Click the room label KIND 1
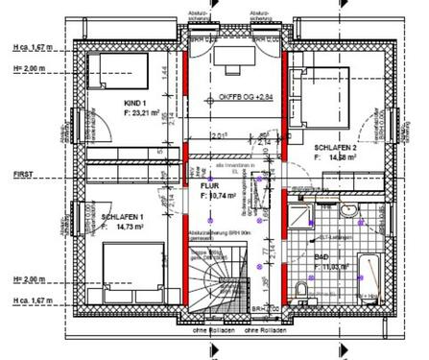point(134,103)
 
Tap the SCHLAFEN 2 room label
point(334,147)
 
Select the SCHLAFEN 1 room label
point(122,217)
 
